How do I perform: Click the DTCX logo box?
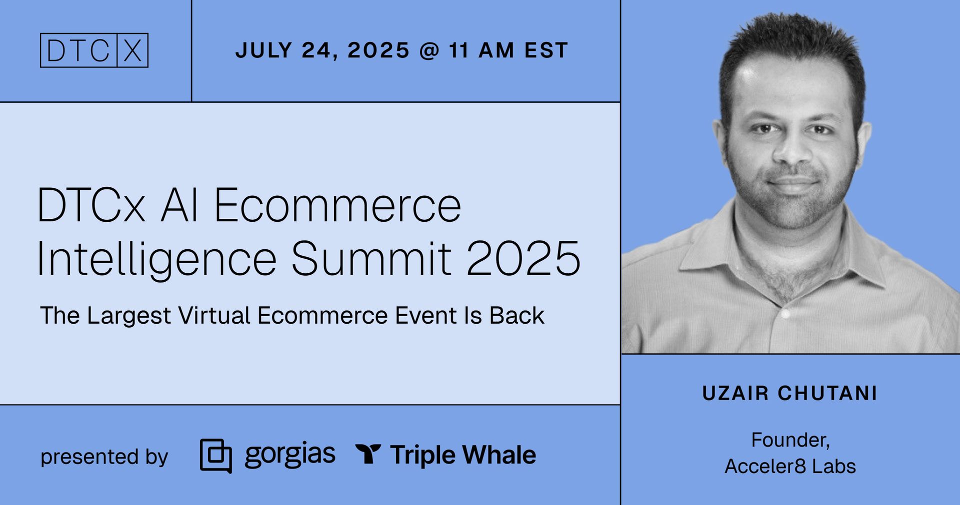click(94, 50)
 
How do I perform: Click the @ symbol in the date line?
click(429, 50)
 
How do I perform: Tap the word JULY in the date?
click(263, 50)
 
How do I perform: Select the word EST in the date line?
click(546, 50)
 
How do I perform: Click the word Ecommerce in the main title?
click(337, 205)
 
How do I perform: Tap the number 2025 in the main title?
click(523, 258)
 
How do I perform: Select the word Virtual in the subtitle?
click(214, 316)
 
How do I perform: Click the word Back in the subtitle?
click(516, 316)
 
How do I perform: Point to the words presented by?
click(104, 457)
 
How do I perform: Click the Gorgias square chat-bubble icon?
click(215, 456)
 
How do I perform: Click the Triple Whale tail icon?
click(368, 454)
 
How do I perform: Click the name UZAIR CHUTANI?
click(790, 394)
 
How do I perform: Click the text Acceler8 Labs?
click(790, 466)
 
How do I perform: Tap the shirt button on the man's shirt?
click(785, 314)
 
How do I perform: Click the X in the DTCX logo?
click(132, 50)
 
